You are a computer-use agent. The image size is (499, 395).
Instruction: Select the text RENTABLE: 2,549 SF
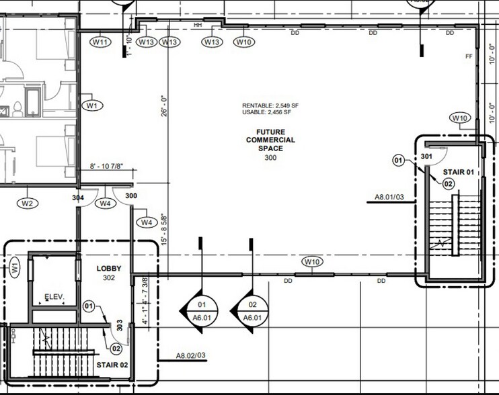point(272,106)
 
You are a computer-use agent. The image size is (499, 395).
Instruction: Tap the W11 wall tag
point(100,42)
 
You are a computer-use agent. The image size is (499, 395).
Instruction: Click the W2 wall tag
point(28,203)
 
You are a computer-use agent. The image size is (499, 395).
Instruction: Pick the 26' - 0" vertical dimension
point(162,106)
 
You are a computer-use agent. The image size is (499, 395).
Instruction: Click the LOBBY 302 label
point(109,273)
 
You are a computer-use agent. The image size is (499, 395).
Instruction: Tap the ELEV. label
point(54,296)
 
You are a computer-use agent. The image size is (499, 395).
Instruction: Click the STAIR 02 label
point(112,365)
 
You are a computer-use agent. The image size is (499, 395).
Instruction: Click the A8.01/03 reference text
point(389,198)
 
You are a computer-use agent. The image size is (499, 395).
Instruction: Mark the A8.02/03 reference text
point(190,355)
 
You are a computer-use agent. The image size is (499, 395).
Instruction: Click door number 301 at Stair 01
point(426,156)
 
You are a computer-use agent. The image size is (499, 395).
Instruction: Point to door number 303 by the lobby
point(120,326)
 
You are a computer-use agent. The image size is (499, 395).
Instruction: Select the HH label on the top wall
point(198,25)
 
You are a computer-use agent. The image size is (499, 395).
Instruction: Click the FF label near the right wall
point(469,56)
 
